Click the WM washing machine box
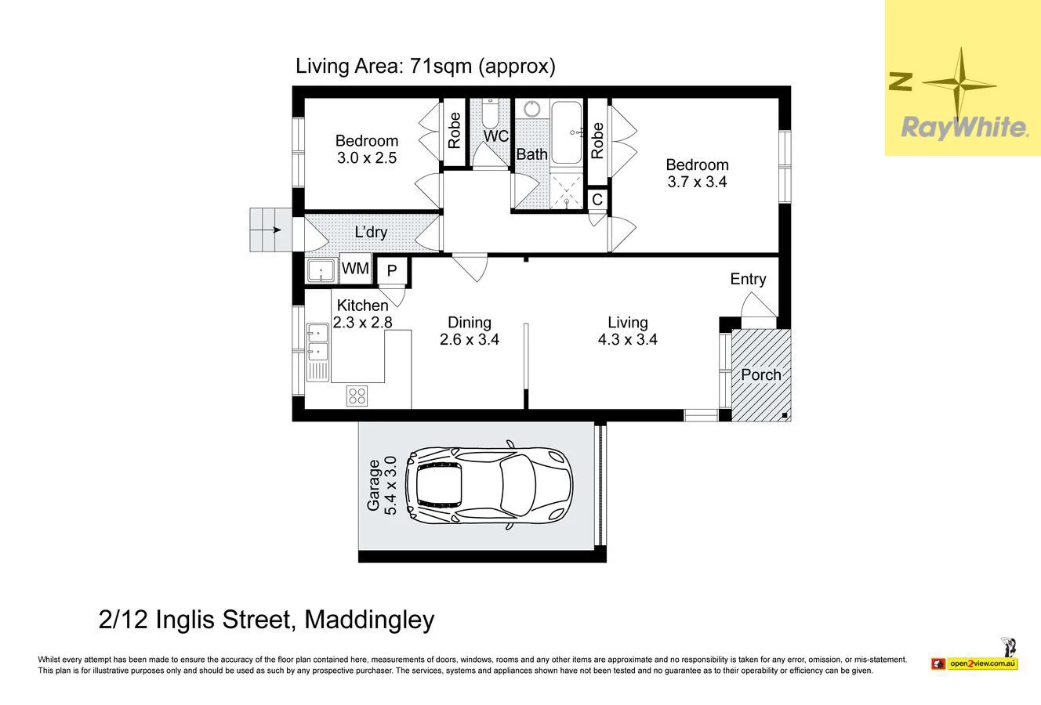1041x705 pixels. (356, 269)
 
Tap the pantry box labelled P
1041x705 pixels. (392, 271)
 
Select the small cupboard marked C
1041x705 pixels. (597, 199)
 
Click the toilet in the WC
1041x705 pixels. (490, 114)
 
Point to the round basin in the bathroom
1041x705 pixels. (532, 109)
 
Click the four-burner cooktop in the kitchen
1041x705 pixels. (357, 396)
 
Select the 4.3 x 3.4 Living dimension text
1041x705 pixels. (627, 339)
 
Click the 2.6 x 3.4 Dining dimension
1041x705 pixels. (470, 339)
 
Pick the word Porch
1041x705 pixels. (761, 374)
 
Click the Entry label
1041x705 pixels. (748, 279)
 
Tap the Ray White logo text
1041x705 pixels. (964, 127)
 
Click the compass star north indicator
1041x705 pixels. (959, 85)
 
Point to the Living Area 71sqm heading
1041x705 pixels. (425, 67)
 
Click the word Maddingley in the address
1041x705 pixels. (369, 620)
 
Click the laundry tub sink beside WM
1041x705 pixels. (321, 271)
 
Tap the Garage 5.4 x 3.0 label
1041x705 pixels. (382, 486)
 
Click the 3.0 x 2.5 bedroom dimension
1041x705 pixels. (367, 158)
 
